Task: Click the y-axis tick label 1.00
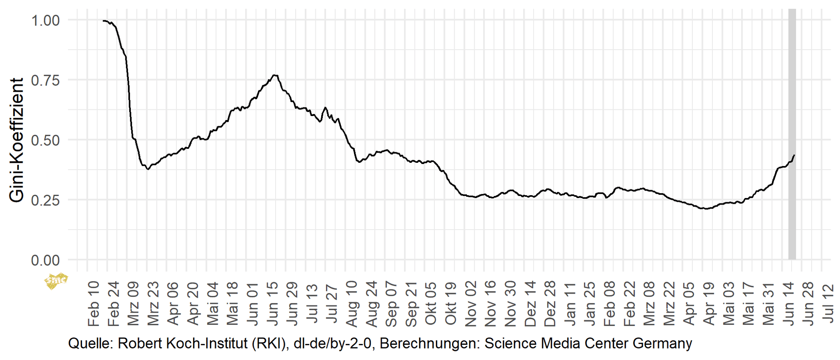pyautogui.click(x=45, y=20)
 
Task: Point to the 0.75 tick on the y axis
pyautogui.click(x=45, y=80)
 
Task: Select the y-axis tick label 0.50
pyautogui.click(x=45, y=140)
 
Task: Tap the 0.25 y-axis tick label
pyautogui.click(x=45, y=200)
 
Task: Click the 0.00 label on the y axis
pyautogui.click(x=45, y=260)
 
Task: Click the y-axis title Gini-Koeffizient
pyautogui.click(x=17, y=140)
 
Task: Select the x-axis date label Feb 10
pyautogui.click(x=93, y=304)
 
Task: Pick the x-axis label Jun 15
pyautogui.click(x=272, y=304)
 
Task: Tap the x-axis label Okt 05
pyautogui.click(x=431, y=304)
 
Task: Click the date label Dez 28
pyautogui.click(x=550, y=304)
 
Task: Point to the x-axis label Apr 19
pyautogui.click(x=709, y=304)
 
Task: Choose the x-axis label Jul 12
pyautogui.click(x=828, y=304)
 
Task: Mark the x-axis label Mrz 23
pyautogui.click(x=153, y=304)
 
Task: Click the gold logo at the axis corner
pyautogui.click(x=55, y=281)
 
